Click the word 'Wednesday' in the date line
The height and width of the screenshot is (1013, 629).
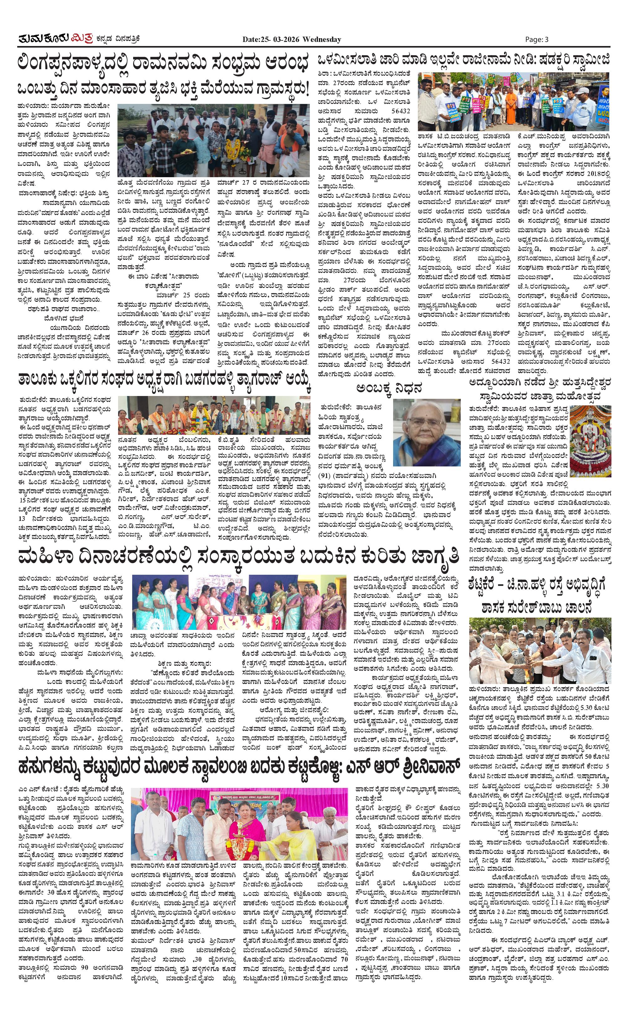tap(322, 39)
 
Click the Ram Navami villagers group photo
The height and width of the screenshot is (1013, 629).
tap(213, 141)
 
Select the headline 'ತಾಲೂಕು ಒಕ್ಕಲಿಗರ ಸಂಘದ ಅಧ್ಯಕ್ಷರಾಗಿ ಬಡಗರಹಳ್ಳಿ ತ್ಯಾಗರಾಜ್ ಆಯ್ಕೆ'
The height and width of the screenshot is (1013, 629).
tap(164, 379)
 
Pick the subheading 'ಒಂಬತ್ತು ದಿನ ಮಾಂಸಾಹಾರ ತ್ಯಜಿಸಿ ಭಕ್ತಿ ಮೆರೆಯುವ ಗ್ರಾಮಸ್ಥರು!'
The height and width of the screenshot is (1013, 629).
tap(164, 89)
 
